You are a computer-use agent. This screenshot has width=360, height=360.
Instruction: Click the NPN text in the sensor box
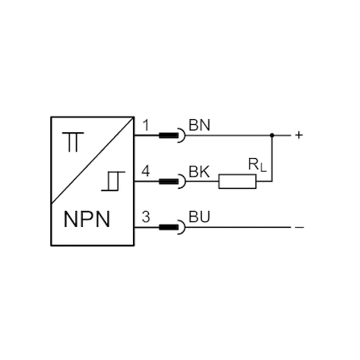87,219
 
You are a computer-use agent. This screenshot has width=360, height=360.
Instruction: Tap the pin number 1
146,126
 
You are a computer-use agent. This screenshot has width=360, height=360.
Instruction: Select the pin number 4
146,171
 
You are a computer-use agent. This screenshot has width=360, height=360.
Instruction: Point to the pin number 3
146,217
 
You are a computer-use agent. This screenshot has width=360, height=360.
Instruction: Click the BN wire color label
199,126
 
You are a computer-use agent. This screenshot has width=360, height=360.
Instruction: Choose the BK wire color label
199,171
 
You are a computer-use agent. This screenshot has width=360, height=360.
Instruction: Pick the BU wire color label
199,217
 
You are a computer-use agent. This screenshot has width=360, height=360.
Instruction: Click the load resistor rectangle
238,182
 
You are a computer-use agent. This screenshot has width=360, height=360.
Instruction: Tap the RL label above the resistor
257,165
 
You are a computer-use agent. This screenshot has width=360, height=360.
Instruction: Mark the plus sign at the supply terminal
298,135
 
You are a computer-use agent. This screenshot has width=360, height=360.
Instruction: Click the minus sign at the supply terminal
299,228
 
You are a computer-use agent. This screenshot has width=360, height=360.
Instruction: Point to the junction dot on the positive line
272,135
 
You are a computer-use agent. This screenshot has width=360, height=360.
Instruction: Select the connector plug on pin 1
172,135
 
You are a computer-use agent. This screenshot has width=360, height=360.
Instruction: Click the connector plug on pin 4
172,182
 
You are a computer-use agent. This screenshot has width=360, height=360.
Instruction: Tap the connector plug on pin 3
172,227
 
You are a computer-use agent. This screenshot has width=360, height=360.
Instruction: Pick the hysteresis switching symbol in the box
114,181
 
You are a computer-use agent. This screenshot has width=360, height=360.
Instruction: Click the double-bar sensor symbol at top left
73,142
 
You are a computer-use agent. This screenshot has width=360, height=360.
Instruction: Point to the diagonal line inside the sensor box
92,160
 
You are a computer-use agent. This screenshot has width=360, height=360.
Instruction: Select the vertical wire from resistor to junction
272,158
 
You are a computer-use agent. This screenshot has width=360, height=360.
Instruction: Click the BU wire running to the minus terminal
238,227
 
